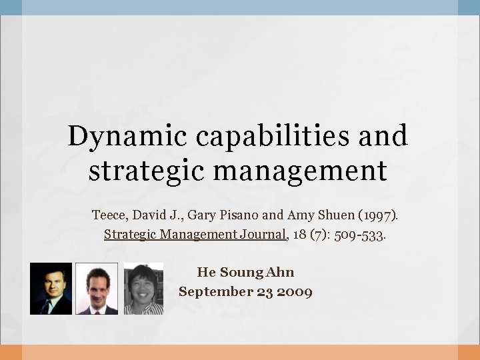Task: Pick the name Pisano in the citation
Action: [239, 215]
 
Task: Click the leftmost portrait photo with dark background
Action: [51, 288]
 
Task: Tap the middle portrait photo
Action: [97, 288]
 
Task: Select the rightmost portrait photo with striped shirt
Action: [143, 288]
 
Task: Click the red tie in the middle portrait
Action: [97, 309]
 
